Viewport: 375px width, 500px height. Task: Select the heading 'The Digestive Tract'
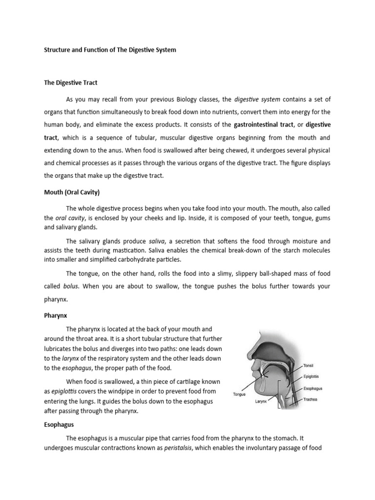66,83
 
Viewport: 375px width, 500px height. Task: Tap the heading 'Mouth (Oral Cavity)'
73,192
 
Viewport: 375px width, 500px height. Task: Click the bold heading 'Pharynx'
55,315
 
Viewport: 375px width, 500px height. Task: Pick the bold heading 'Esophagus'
59,425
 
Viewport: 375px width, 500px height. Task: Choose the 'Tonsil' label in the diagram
309,365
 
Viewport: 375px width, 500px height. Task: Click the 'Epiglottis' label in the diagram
312,377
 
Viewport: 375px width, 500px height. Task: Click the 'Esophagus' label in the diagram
313,389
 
